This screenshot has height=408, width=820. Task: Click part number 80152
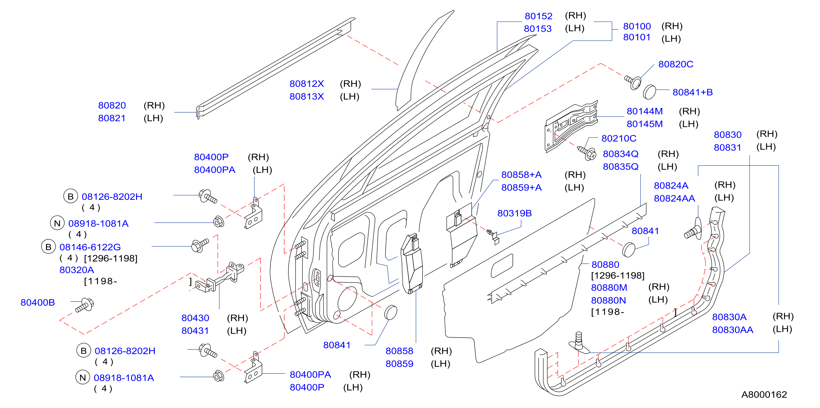(538, 16)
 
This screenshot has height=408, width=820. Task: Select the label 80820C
(676, 64)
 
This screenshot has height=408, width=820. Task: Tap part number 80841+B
(692, 92)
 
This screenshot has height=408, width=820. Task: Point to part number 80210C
(618, 139)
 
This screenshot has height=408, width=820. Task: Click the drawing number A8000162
(764, 395)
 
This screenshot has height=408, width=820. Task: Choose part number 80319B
(515, 213)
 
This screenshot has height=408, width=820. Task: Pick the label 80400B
(38, 303)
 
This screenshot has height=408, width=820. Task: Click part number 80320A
(77, 270)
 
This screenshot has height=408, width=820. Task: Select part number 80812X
(307, 84)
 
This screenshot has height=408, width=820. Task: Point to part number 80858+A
(521, 175)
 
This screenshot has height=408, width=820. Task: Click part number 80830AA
(732, 330)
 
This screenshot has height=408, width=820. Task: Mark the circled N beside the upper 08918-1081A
(57, 223)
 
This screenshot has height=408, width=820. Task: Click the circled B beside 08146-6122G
(48, 247)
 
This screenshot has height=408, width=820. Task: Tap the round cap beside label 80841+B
(649, 92)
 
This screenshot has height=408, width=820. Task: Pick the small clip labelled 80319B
(493, 236)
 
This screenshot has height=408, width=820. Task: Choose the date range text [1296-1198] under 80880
(618, 275)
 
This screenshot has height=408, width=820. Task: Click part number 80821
(112, 118)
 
